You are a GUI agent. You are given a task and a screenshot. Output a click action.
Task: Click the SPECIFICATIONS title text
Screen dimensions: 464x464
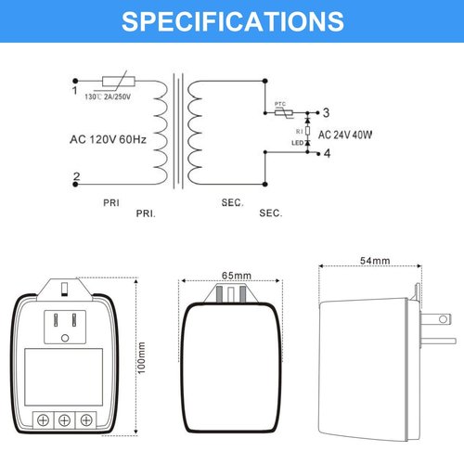click(233, 21)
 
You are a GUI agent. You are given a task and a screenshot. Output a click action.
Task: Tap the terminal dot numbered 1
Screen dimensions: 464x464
click(75, 81)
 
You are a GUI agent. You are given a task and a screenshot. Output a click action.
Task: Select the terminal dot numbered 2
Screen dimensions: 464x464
click(75, 185)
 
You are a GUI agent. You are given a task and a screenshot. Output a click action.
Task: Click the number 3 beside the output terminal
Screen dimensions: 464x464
click(326, 112)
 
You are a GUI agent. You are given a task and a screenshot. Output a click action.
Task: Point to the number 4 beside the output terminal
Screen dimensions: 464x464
click(327, 153)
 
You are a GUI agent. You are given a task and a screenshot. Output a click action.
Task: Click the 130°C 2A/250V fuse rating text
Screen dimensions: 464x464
click(108, 97)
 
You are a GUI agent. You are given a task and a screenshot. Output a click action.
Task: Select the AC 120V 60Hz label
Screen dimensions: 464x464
click(109, 139)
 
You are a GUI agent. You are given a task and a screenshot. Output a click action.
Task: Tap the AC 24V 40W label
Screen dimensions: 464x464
click(345, 135)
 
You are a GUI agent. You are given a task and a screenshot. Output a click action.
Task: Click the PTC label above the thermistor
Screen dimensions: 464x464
click(280, 104)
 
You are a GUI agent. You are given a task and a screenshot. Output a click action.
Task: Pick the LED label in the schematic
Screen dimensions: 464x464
click(298, 143)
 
